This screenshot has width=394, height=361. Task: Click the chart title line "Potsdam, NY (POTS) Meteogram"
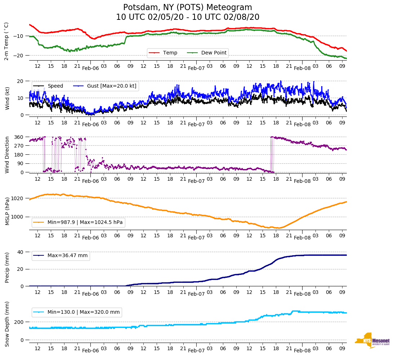188,8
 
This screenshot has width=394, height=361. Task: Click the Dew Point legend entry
214,53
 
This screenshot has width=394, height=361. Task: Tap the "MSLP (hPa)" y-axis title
8,211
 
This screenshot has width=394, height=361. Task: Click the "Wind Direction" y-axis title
8,154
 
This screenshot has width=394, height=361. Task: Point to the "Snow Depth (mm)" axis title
8,324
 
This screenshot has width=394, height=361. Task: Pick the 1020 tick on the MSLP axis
18,198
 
